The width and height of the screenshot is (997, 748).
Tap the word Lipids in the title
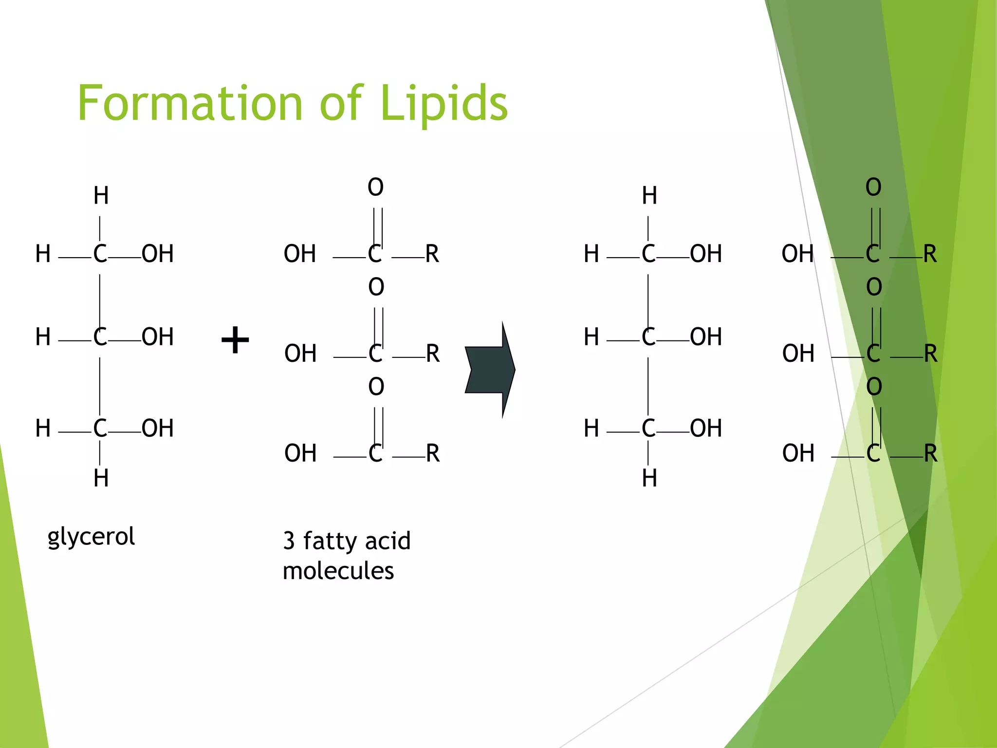click(x=443, y=103)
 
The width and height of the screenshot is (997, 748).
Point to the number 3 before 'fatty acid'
click(x=289, y=541)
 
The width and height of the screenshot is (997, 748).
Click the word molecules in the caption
click(x=338, y=571)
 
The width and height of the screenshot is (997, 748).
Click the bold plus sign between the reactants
click(x=235, y=340)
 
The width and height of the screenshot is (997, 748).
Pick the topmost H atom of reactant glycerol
click(x=101, y=196)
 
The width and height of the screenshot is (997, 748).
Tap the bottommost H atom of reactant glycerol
click(x=101, y=478)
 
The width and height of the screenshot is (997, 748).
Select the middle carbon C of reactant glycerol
click(x=100, y=337)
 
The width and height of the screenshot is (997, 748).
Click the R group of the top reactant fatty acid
click(x=432, y=254)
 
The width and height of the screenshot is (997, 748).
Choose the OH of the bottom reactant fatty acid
click(x=300, y=453)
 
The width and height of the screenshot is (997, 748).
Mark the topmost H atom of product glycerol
click(x=649, y=196)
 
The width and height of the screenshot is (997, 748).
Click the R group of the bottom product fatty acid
click(x=930, y=453)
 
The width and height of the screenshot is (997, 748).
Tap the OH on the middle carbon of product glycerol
click(x=706, y=337)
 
